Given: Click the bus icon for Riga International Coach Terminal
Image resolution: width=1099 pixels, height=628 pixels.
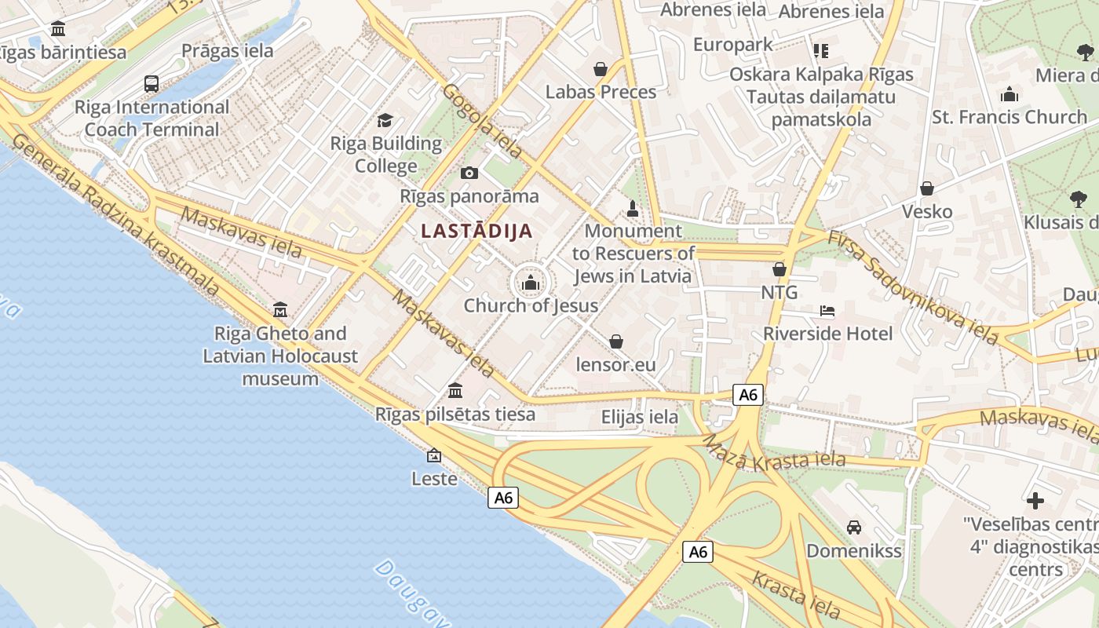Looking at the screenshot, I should coord(152,83).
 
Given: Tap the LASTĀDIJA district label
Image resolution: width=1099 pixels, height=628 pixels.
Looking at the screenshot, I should coord(476,231).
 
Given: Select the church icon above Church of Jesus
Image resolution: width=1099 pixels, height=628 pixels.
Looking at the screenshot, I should coord(531,283).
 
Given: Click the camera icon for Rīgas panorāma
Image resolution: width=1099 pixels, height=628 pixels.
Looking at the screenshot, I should coord(469,173).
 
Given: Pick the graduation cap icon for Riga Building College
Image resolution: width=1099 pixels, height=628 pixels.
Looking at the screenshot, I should coord(385,120).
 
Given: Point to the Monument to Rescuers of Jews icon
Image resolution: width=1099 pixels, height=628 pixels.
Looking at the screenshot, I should coord(633,208).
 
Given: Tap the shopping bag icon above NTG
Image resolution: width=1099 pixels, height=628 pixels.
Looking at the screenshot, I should coord(779,269).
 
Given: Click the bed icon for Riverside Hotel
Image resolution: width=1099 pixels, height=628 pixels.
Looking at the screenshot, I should coord(827,311).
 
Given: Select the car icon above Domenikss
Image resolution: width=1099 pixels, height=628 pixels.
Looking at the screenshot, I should coord(854,527).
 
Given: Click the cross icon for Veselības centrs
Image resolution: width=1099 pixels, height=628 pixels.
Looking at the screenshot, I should coord(1035,500).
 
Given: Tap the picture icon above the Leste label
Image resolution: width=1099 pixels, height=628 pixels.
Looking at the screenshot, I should coord(433,455).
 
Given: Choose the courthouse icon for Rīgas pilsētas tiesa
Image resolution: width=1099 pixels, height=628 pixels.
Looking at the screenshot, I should coord(455,390).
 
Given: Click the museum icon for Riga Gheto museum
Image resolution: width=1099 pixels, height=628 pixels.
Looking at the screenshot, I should coord(280,310).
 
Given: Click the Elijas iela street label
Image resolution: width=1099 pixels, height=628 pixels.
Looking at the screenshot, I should coord(640,417).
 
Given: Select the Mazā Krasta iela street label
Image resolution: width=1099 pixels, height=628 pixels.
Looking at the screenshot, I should coord(772,453).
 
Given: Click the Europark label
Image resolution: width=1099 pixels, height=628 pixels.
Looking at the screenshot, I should coord(733,45).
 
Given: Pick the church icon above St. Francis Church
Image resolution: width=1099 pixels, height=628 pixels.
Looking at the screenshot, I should coord(1010,95).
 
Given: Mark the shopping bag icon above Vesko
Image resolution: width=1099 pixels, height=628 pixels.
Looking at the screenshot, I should coord(927,188).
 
